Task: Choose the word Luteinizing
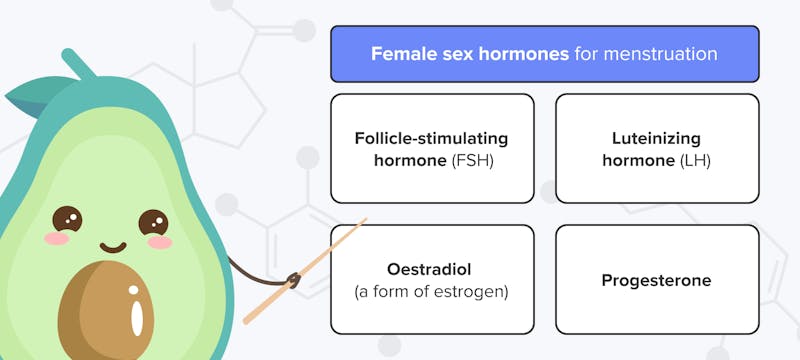(656, 138)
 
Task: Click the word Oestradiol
(431, 270)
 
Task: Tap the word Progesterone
(656, 281)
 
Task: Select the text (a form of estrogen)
(431, 291)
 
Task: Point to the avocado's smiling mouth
(113, 246)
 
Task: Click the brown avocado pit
(106, 310)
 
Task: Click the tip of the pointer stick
(366, 219)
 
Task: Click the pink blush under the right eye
(160, 242)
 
